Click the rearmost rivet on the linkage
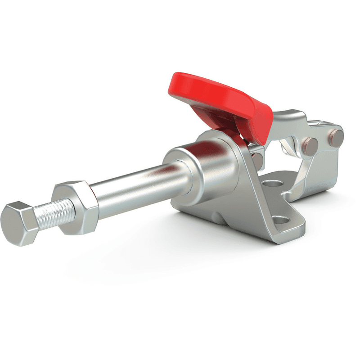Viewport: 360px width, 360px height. tap(337, 138)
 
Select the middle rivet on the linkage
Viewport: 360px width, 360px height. tap(310, 144)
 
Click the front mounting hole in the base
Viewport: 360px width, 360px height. tap(281, 220)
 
